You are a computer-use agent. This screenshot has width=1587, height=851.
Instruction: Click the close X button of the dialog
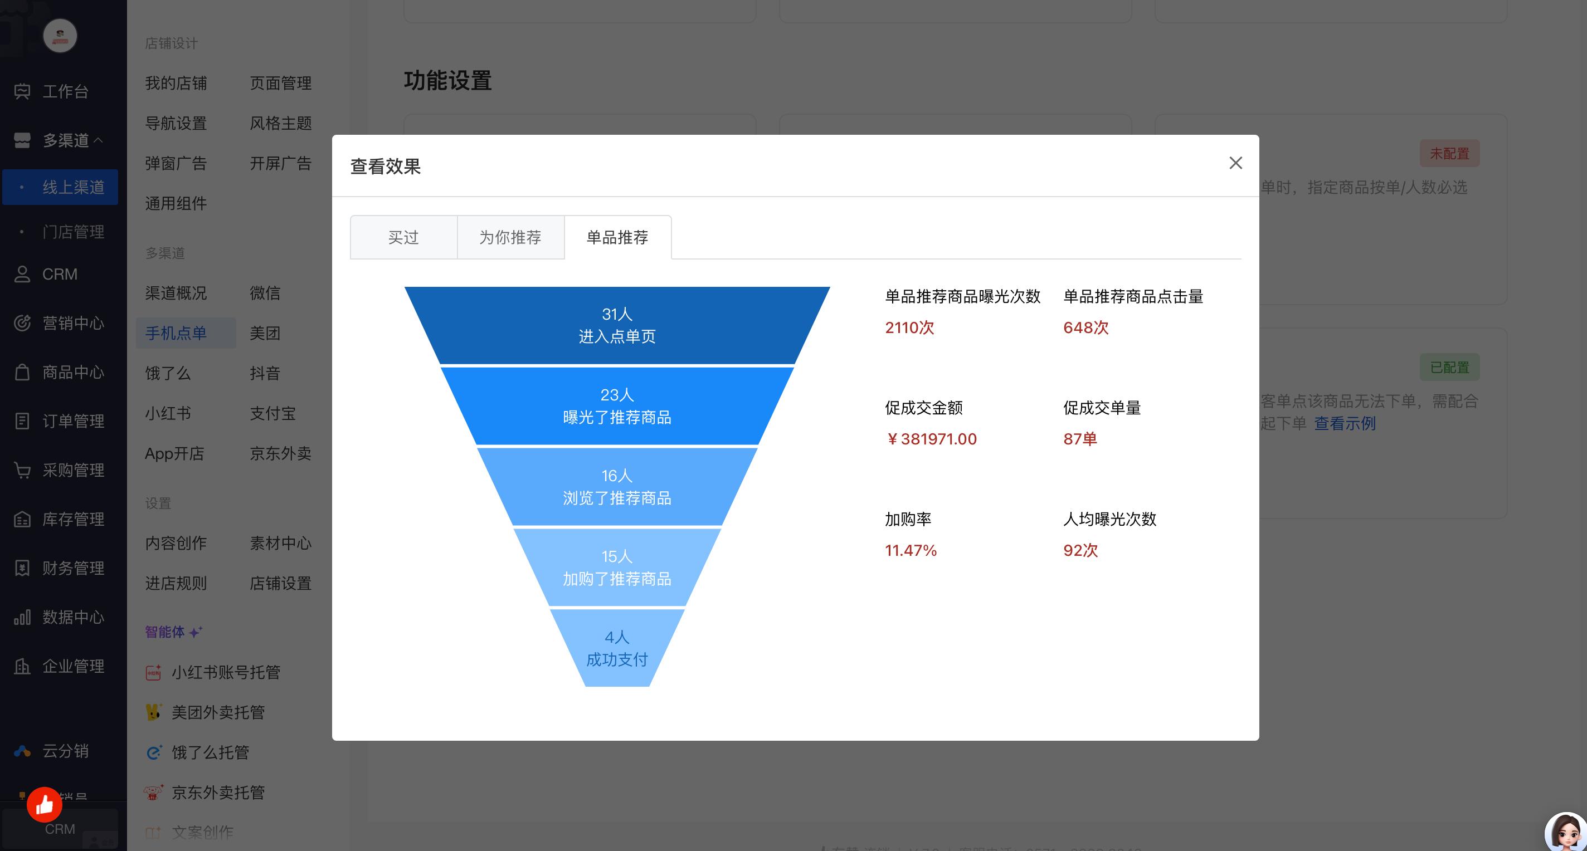(1235, 163)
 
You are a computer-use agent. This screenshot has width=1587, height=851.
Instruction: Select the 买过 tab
(403, 238)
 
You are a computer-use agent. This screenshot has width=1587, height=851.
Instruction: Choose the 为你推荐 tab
(510, 238)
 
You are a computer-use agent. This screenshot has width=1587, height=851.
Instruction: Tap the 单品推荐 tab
(617, 238)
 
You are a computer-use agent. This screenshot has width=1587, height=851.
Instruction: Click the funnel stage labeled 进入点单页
(617, 326)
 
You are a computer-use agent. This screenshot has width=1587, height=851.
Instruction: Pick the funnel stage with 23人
(617, 407)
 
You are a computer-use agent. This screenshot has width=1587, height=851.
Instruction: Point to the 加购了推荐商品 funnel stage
(617, 568)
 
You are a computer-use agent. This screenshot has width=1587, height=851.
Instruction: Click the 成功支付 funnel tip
(617, 648)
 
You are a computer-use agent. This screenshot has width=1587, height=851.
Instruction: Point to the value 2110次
(909, 327)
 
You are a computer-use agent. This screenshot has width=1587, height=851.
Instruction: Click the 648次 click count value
(1085, 327)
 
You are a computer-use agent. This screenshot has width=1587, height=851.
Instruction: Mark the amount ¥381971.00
(931, 439)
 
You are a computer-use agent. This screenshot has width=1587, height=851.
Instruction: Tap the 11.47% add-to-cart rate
(911, 550)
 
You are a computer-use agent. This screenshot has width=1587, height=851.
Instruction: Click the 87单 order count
(1080, 439)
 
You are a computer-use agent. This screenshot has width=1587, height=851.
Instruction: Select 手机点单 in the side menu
(176, 333)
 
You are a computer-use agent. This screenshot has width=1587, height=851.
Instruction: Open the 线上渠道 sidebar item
(72, 187)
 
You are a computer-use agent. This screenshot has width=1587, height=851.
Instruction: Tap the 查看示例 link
(1345, 424)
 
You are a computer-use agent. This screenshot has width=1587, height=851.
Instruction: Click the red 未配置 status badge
(1449, 153)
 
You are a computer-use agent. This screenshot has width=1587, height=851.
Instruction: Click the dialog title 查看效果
(386, 167)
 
